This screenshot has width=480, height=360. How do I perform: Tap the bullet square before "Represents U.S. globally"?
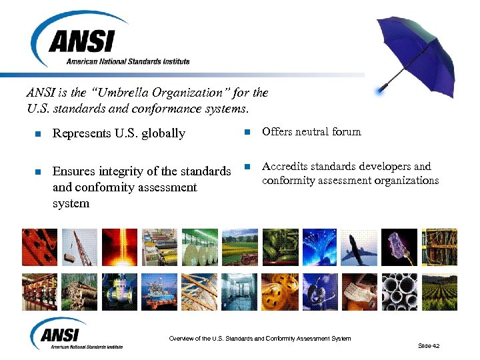pyautogui.click(x=38, y=133)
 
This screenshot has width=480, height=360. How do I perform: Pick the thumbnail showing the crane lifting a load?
pyautogui.click(x=79, y=247)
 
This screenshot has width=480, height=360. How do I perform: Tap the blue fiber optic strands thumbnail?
pyautogui.click(x=319, y=247)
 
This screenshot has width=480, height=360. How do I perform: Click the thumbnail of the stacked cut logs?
pyautogui.click(x=79, y=291)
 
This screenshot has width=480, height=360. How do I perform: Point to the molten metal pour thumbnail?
pyautogui.click(x=119, y=247)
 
